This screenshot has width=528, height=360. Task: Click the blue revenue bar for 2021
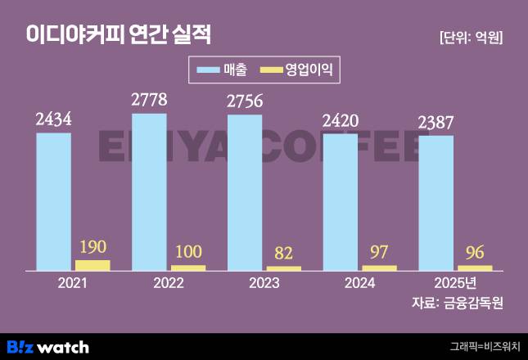point(53,200)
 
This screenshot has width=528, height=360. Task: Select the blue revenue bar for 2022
point(149,191)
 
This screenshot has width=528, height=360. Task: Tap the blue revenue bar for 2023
point(245,192)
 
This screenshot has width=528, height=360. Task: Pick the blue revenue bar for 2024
point(341,201)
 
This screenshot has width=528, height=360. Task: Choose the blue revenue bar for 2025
point(435,202)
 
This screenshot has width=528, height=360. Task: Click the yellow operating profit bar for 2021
point(93,265)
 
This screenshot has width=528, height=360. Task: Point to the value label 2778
point(149,101)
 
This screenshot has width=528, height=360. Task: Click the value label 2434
point(53,119)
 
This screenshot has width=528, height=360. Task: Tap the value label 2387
point(435,123)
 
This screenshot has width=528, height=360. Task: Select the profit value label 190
point(93,246)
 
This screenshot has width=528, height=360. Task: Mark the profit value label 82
point(283,253)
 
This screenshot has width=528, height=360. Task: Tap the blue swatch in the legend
point(207,70)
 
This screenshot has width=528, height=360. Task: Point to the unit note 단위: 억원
point(471,37)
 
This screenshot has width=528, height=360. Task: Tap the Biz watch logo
point(47,346)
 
